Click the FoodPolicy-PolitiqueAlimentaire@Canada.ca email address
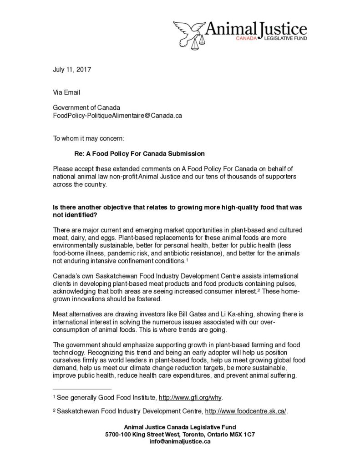117,116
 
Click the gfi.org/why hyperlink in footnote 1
190,397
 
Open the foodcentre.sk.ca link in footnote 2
246,411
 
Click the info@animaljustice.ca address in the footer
179,441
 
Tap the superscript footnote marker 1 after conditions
187,259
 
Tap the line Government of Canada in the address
86,108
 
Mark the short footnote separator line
82,389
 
